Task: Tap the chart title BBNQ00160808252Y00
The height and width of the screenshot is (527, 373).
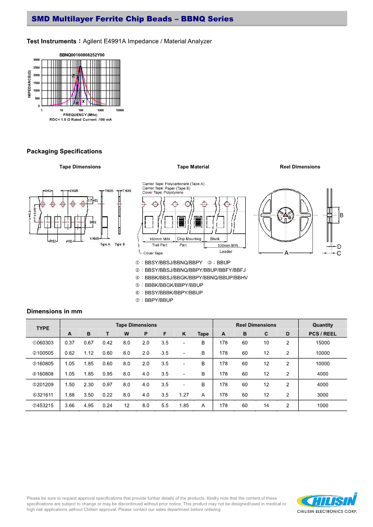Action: (x=82, y=55)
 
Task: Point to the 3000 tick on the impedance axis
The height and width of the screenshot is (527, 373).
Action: (x=36, y=60)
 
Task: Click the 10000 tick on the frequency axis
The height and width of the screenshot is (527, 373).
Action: (x=120, y=110)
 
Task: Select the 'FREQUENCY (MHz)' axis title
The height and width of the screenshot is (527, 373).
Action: (x=80, y=115)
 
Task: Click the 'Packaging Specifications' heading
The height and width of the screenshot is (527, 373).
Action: (x=64, y=151)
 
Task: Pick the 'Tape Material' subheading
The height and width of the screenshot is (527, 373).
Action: (x=193, y=167)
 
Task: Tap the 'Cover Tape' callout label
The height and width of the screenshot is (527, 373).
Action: (x=153, y=253)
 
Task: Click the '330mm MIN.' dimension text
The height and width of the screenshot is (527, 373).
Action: (x=228, y=245)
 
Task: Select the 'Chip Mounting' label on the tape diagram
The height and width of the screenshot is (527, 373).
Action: (x=189, y=239)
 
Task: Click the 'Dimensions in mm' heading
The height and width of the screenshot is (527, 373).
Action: (x=54, y=311)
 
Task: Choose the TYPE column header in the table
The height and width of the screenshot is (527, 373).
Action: (x=43, y=328)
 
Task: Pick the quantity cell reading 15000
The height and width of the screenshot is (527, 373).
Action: (x=323, y=343)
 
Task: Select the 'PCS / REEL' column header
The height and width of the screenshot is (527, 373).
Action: (x=323, y=334)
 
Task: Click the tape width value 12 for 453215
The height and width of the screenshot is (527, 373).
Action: (x=126, y=405)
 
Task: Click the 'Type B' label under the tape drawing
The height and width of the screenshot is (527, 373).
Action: (x=120, y=244)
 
